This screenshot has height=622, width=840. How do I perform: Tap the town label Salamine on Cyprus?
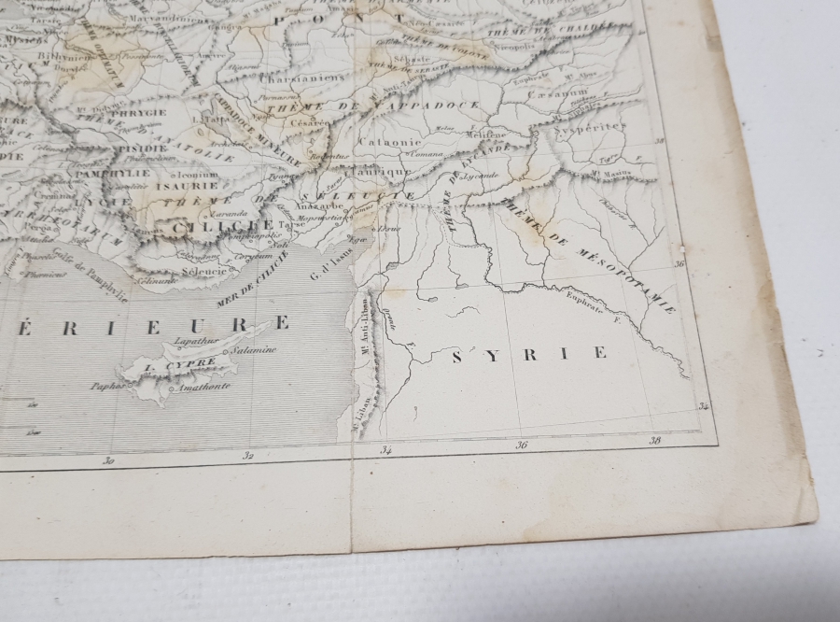click(x=255, y=350)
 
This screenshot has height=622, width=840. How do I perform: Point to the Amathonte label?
click(x=204, y=386)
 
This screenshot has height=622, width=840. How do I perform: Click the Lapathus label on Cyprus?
click(x=202, y=342)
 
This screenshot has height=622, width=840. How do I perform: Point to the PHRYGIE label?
click(x=141, y=112)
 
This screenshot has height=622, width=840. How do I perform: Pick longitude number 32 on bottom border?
click(x=248, y=456)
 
